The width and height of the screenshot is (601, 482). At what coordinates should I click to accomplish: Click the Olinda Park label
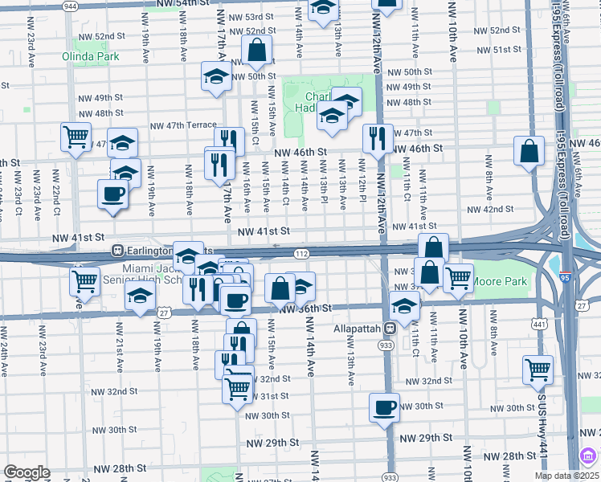[91, 56]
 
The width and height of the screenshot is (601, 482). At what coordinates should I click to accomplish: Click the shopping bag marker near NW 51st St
[257, 51]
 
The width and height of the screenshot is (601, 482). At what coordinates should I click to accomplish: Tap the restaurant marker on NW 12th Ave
[377, 139]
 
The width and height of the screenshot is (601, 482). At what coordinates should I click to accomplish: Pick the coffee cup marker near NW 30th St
[384, 407]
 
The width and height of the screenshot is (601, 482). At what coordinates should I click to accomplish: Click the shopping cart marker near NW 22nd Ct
[76, 137]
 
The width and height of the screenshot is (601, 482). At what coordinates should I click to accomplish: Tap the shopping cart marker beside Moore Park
[458, 279]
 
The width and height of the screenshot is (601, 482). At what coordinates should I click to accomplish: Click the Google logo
[27, 472]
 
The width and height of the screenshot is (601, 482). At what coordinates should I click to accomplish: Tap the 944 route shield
[70, 6]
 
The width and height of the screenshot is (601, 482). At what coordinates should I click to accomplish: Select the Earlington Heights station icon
[117, 251]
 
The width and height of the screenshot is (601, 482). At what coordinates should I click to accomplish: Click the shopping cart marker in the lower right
[538, 370]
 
